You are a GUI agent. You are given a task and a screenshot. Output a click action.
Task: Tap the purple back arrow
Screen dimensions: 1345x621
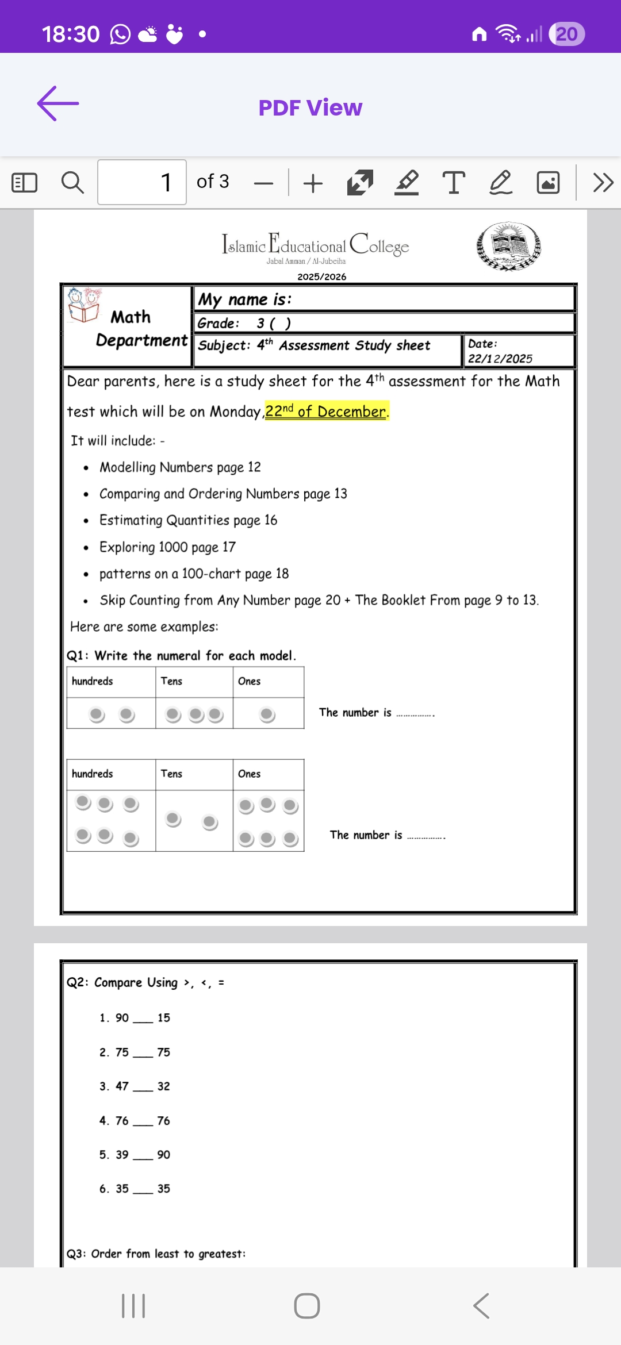58,103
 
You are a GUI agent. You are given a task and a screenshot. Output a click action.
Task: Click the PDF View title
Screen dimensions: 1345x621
310,107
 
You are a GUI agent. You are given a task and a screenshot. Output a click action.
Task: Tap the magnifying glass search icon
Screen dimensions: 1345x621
72,183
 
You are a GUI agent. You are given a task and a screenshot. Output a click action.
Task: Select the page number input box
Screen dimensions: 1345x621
142,182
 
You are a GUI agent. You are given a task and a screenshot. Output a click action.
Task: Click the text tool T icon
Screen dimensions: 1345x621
454,183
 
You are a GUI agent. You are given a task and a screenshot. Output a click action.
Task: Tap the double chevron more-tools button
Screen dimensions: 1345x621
603,183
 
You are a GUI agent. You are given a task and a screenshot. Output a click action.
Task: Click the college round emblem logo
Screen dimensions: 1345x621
509,246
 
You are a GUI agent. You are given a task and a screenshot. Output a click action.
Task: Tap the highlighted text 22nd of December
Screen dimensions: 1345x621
326,412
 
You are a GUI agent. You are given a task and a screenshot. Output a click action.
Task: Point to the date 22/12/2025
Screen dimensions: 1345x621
500,359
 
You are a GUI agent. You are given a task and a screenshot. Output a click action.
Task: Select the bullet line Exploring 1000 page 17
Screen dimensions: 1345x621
167,547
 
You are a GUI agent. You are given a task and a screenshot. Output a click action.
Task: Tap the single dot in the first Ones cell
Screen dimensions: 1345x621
267,714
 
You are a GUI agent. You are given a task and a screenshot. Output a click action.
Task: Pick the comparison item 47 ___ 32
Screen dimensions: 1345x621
135,1086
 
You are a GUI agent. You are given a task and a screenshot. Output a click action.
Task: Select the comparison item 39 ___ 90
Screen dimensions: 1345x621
135,1155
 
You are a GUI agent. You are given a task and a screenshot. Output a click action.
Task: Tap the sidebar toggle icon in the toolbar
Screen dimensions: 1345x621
24,183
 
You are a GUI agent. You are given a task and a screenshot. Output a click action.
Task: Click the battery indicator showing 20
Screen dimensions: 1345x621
566,34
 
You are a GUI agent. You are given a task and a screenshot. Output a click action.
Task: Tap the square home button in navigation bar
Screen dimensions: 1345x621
306,1306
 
